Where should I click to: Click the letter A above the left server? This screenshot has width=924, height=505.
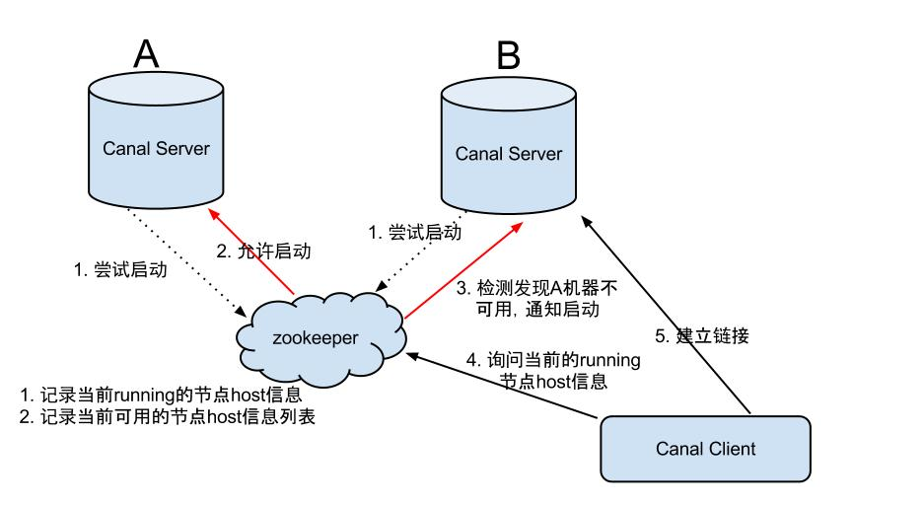coord(145,53)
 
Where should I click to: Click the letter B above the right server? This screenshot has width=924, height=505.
coord(508,56)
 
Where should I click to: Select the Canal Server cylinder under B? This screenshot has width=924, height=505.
coord(508,152)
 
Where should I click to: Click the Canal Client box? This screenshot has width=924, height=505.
coord(705,449)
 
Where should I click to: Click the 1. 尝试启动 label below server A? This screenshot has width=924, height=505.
coord(121,269)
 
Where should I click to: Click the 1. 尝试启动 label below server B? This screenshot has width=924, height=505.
coord(414,234)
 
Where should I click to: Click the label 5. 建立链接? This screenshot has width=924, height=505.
coord(713,335)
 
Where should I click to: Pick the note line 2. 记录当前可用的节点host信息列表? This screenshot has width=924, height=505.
coord(168,416)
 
